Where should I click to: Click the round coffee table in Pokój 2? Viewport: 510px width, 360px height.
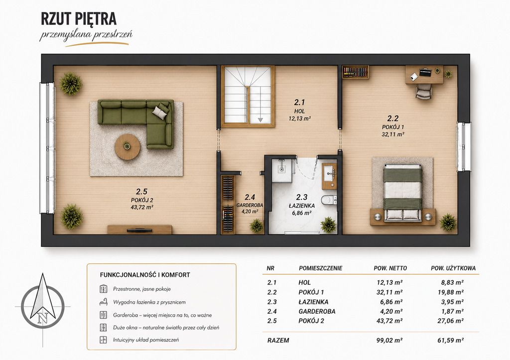(127, 147)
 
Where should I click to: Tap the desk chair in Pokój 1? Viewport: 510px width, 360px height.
(423, 91)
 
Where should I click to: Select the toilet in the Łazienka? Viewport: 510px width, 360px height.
(329, 200)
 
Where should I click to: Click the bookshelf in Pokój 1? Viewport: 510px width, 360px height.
(355, 72)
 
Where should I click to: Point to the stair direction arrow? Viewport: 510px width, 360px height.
(260, 120)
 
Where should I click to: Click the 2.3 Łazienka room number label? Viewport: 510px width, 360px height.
(301, 197)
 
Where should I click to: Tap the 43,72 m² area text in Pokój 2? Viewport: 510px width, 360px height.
(142, 207)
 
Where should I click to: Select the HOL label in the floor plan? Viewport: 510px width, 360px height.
(299, 111)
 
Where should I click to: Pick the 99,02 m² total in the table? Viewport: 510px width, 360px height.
(389, 341)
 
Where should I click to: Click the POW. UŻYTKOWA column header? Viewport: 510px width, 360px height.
(453, 268)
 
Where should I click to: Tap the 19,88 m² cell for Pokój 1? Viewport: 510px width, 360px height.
(450, 292)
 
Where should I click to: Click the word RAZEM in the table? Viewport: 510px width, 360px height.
(278, 341)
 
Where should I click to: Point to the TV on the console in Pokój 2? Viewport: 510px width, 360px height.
(139, 230)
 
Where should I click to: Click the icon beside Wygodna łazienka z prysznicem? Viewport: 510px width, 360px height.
(104, 302)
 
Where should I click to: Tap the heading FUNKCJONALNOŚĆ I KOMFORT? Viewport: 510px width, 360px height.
(145, 275)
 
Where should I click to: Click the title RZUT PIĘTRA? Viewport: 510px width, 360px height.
(79, 19)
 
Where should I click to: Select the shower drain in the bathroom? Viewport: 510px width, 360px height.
(281, 169)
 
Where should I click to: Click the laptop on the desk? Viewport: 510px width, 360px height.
(424, 72)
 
